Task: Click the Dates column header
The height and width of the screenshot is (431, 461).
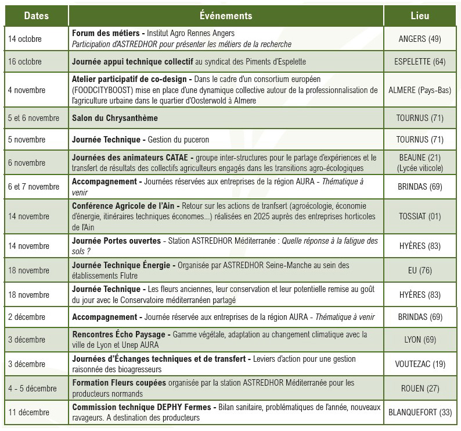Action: click(x=36, y=16)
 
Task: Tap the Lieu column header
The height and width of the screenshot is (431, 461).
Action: click(x=420, y=16)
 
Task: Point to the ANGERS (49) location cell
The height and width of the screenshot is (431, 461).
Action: click(x=420, y=39)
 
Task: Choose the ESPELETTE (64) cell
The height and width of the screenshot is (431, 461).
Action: click(x=420, y=61)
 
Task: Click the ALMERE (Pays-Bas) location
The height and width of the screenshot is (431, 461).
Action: click(x=420, y=90)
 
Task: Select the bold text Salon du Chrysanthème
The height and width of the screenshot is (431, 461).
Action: click(x=115, y=118)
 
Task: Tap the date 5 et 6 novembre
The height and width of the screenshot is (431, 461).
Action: click(x=34, y=118)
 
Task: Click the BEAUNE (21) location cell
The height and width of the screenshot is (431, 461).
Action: click(x=420, y=158)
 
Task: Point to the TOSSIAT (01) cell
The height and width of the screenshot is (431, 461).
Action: click(x=420, y=216)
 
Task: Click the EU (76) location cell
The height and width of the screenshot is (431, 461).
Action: click(x=420, y=270)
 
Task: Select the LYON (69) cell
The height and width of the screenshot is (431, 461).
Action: click(x=420, y=339)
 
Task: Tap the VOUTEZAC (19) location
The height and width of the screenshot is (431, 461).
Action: click(x=420, y=364)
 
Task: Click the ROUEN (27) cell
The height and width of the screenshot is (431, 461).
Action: click(x=420, y=388)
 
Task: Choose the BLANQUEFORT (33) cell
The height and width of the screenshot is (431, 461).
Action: click(x=420, y=412)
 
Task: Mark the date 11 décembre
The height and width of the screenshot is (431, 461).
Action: click(x=29, y=412)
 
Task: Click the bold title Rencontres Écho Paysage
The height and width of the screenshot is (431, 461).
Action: click(x=120, y=334)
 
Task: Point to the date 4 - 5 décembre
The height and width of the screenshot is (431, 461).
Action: click(x=33, y=388)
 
